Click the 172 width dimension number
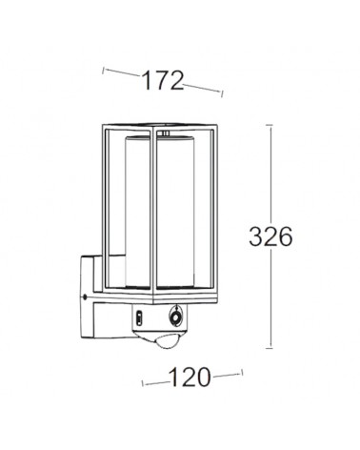pos(163,81)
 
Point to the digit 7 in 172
pos(163,81)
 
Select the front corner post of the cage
pos(147,215)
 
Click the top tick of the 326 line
pos(272,126)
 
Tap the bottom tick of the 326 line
pos(272,347)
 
